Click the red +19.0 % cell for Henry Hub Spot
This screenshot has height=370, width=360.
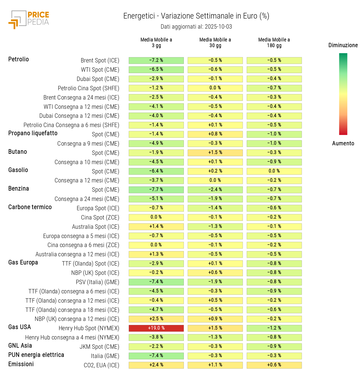156,328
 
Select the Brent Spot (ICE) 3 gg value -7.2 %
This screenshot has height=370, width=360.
156,60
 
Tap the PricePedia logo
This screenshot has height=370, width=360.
29,19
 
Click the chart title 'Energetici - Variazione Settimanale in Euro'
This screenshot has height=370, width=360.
196,16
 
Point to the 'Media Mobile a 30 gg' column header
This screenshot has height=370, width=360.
215,43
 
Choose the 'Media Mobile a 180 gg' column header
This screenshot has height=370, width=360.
274,43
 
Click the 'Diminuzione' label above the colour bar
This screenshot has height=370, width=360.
343,45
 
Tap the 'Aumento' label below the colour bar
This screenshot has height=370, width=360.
343,143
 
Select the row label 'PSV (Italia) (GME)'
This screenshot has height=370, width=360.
97,282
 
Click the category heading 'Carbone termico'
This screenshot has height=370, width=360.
30,207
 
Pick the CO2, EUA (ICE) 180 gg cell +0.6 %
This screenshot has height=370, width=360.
274,365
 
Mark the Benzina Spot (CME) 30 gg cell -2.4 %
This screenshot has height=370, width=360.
215,189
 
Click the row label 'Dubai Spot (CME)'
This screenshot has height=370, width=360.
98,79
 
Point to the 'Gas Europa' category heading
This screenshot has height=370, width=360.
23,263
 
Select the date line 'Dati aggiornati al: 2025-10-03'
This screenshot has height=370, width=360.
196,27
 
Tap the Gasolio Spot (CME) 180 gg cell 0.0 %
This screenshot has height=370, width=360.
274,171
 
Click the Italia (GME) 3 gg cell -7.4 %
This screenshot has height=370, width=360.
156,356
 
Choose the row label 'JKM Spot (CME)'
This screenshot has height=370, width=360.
99,347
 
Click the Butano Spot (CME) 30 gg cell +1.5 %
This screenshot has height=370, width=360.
215,153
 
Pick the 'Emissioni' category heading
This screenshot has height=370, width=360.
21,364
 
